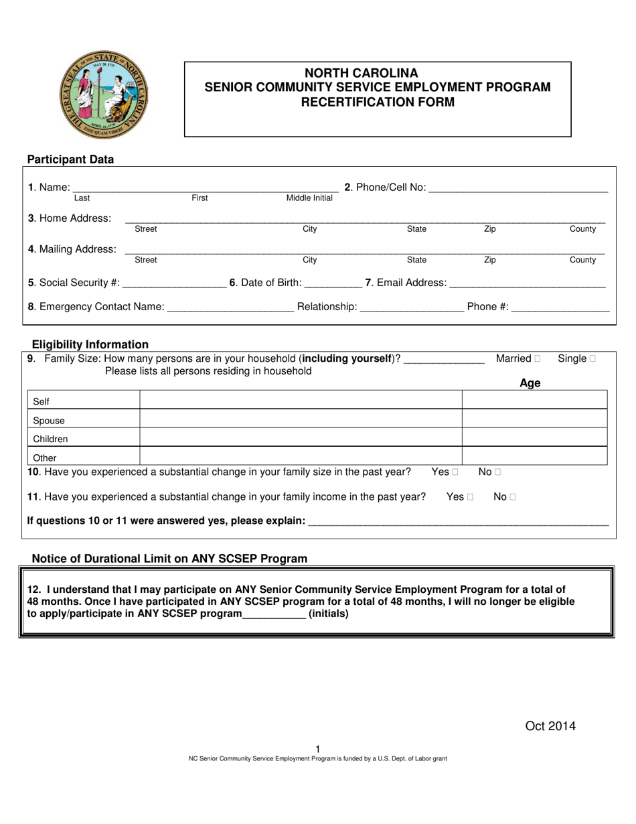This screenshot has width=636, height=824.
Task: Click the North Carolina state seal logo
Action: coord(104,98)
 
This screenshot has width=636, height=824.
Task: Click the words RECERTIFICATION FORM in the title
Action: coord(378,102)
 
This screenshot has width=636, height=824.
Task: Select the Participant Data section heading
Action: coord(70,159)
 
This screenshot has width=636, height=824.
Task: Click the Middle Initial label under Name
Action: coord(309,198)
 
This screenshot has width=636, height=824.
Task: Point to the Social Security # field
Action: coord(175,284)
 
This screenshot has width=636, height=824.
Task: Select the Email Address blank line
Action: coord(528,284)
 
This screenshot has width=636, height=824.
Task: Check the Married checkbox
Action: coord(538,359)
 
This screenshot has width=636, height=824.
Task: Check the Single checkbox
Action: coord(592,359)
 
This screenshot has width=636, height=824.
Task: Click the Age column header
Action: coord(530,383)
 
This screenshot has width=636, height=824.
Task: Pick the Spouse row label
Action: coord(49,421)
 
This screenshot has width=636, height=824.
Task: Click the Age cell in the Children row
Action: coord(534,437)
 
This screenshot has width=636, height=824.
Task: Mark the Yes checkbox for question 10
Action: coord(455,472)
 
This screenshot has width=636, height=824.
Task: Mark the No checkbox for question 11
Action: coord(513,497)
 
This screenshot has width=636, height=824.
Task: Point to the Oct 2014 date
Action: coord(550,726)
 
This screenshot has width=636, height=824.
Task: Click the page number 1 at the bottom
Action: coord(318,749)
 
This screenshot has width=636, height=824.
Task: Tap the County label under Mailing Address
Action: coord(582,260)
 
